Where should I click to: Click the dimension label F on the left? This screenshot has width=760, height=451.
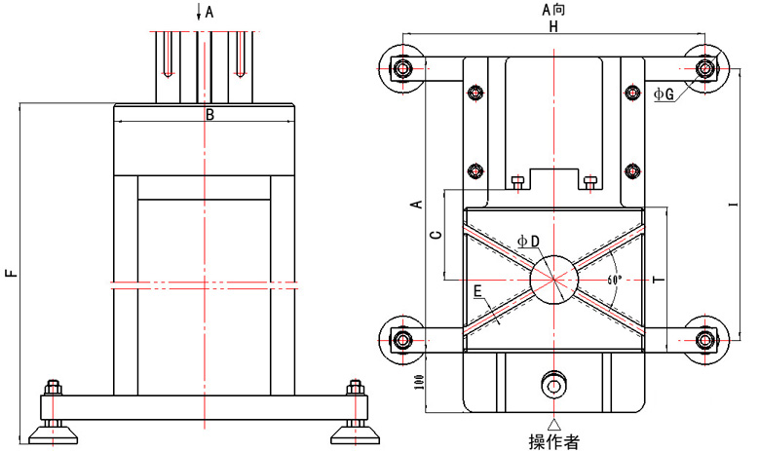coord(12,272)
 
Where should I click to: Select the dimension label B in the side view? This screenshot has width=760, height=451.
coord(209,115)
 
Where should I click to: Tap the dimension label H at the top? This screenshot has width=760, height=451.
coord(553,26)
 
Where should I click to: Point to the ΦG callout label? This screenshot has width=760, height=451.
coord(664,94)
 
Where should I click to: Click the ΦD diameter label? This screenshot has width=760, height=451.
coord(528,241)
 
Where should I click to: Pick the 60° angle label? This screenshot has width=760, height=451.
coord(614,280)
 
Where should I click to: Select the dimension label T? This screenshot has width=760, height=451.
coord(659,280)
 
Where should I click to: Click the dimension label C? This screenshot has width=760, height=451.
coord(437,235)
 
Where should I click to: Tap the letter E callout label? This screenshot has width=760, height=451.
coord(477,291)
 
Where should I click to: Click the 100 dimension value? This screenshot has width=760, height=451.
coord(420,382)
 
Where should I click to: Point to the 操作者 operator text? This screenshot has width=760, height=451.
coord(553,441)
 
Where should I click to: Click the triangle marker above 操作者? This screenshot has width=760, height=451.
coord(553,425)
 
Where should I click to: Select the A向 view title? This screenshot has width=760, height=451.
coord(553,9)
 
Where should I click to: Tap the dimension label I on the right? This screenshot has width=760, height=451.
coord(735,204)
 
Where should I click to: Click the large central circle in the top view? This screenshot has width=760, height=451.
coord(553,280)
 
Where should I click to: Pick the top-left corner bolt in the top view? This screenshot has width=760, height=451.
coord(401,69)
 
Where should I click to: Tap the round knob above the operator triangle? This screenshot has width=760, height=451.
coord(553,385)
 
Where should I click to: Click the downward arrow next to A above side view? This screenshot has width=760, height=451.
coord(198,11)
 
